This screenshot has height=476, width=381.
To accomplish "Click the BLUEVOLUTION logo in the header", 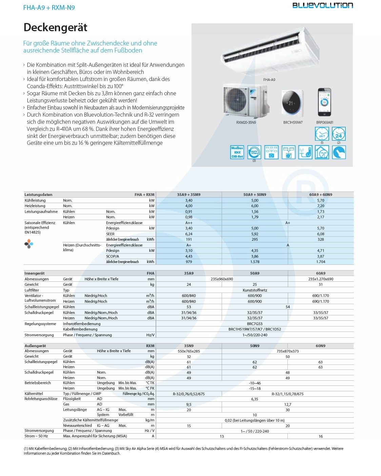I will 322,5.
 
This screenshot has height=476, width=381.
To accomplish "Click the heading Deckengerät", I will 56,27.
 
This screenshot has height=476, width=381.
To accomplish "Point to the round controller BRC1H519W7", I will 292,103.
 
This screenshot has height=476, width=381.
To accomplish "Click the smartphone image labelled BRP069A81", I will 324,102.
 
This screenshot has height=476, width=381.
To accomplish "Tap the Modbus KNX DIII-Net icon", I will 237,153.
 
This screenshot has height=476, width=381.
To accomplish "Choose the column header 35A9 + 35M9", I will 189,195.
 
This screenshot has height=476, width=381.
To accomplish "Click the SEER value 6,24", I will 189,234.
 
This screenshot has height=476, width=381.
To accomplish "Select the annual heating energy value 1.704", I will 321,262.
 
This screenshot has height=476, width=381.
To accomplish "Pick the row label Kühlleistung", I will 35,200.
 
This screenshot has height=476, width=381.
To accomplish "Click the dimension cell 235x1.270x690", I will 321,279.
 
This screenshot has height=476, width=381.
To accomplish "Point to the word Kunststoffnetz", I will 255,290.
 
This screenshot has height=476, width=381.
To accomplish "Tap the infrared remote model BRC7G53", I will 255,324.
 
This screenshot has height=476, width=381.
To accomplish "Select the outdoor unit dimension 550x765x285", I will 189,351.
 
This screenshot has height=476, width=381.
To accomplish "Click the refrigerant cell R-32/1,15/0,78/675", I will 287,394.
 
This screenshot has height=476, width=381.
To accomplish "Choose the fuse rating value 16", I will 321,436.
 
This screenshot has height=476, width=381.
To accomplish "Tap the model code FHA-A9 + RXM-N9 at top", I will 49,7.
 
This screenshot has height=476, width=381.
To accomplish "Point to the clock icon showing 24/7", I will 322,134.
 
